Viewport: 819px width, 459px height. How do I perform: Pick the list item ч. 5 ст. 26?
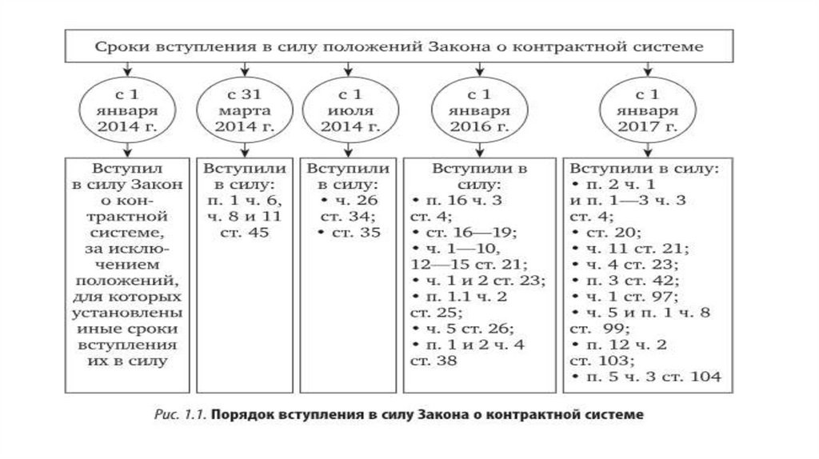click(464, 329)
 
